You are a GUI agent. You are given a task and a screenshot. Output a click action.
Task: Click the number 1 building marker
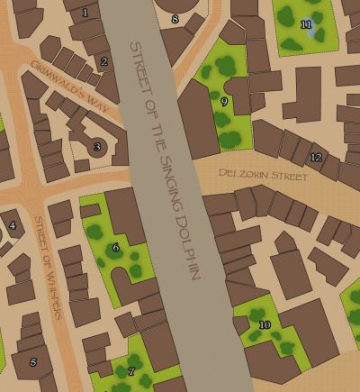[85, 13]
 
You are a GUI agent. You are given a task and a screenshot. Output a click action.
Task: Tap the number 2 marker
[104, 62]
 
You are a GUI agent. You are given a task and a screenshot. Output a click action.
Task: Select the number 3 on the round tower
[97, 147]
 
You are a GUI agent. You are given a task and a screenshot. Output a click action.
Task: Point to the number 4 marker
[12, 225]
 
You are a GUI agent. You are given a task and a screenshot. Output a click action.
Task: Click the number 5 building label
[33, 362]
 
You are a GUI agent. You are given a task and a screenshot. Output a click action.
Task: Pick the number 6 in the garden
[115, 247]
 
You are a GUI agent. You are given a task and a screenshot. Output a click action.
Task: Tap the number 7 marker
[131, 371]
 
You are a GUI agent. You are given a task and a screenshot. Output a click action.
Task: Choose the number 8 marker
[175, 19]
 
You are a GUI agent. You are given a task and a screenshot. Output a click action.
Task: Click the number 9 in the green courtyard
[224, 102]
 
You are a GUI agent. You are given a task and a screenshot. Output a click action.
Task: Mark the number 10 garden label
[264, 324]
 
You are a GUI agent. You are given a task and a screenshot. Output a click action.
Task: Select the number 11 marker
[306, 23]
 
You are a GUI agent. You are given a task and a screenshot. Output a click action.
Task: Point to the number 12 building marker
[315, 158]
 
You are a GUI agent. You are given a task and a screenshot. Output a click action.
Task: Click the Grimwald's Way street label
[76, 87]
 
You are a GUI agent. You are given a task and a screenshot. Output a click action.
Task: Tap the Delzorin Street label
[264, 174]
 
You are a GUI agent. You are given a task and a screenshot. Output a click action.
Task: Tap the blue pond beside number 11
[311, 33]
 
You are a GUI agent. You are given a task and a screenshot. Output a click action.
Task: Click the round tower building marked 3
[96, 146]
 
